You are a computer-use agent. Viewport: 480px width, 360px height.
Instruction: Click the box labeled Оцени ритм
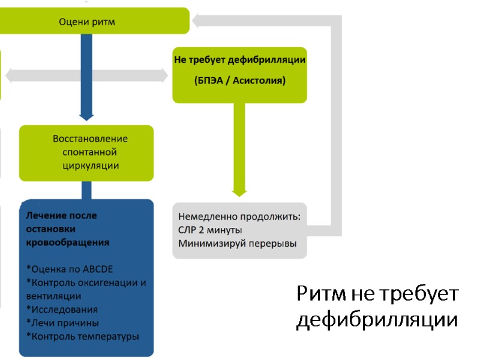point(87,22)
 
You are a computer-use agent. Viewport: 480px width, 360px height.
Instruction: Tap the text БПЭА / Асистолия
point(239,80)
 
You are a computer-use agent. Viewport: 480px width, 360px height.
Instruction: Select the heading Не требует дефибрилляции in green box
point(239,60)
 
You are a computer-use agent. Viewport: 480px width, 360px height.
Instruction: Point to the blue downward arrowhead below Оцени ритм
point(86,114)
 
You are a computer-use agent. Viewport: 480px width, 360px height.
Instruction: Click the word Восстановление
point(91,139)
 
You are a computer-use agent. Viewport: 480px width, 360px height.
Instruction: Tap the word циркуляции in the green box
point(91,166)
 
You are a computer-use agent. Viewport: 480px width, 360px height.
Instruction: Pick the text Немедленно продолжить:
point(239,215)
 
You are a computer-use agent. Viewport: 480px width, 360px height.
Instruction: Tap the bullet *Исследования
point(62,310)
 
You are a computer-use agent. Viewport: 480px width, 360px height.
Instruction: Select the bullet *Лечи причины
point(63,323)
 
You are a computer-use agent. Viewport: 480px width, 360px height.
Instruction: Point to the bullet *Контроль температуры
point(83,337)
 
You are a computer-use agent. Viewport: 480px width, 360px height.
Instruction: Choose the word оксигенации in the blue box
point(109,283)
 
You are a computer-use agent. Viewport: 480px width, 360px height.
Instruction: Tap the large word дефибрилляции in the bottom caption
point(377,319)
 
